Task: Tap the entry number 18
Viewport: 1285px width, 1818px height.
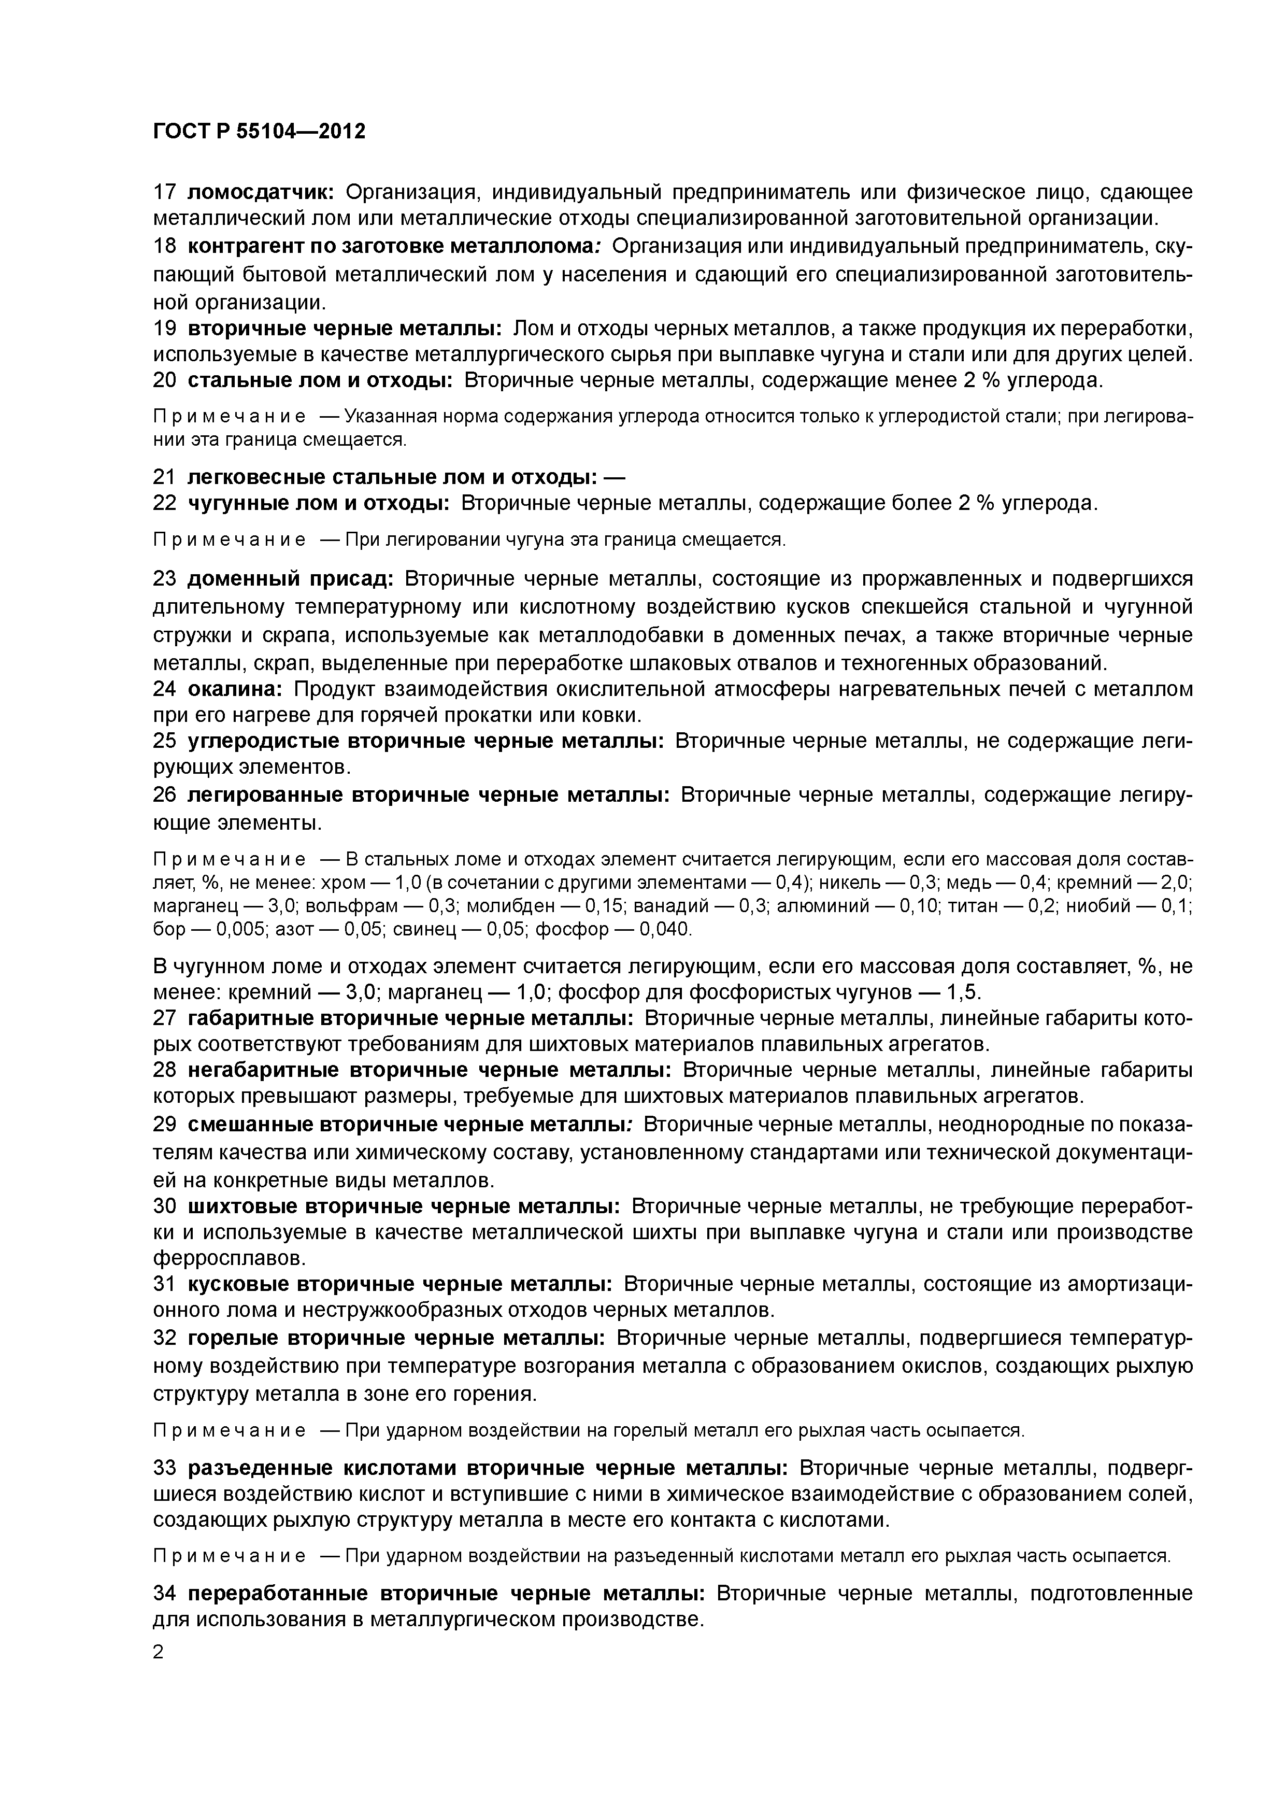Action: pyautogui.click(x=164, y=246)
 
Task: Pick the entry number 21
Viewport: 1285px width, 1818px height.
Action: pyautogui.click(x=164, y=477)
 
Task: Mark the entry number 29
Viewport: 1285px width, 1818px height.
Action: pyautogui.click(x=164, y=1125)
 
